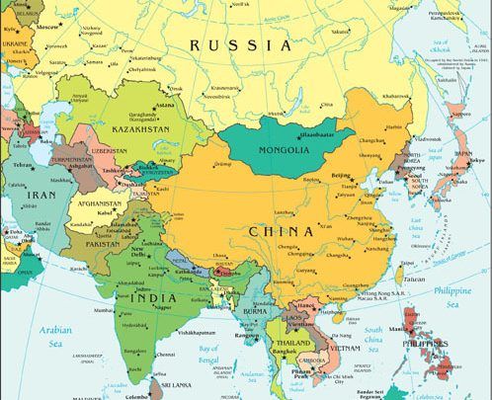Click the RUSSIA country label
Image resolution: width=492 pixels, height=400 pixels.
pyautogui.click(x=241, y=45)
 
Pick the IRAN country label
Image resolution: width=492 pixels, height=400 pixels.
pyautogui.click(x=40, y=197)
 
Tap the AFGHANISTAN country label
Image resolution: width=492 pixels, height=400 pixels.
pyautogui.click(x=99, y=204)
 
